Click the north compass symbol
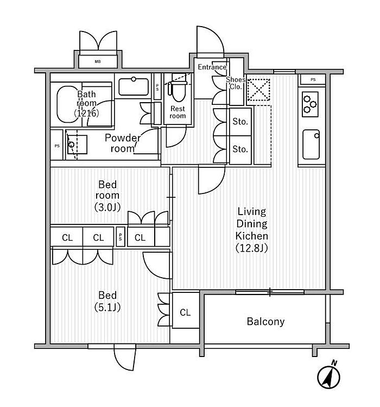coord(328,375)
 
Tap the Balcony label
coord(265,322)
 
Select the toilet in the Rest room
coord(178,91)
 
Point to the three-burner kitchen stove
coord(310,104)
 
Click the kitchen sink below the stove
coord(311,145)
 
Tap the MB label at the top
coord(98,62)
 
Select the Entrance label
coord(212,67)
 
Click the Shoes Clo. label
coord(236,83)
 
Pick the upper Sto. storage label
coord(240,122)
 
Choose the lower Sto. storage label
coord(240,149)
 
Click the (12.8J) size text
coord(251,248)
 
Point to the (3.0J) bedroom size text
coord(107,207)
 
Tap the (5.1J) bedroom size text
coord(107,308)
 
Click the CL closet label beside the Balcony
coord(185,312)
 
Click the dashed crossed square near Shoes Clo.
coord(258,90)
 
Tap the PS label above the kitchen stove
coord(313,80)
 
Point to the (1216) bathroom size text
coord(87,113)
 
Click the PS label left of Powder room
coord(57,146)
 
